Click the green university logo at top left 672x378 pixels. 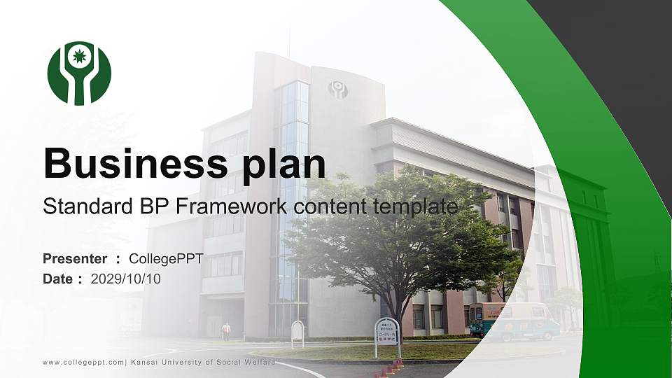[79, 73]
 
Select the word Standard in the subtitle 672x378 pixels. [78, 206]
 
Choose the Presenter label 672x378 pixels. [75, 259]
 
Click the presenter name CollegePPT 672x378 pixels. [166, 259]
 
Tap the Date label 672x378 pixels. [58, 279]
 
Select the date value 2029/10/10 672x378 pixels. [126, 279]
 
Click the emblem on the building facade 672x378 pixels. [338, 90]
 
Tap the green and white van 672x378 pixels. [514, 321]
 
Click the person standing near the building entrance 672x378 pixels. [226, 330]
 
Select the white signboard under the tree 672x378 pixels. [387, 331]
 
